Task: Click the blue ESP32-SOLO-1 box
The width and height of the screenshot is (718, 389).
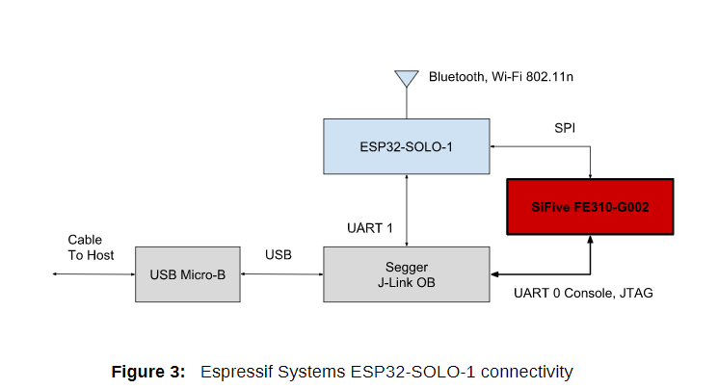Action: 406,146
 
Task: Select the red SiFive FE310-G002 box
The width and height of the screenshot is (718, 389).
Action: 590,207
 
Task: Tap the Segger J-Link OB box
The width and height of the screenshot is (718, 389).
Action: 406,274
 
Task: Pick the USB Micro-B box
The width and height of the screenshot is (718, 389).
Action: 188,274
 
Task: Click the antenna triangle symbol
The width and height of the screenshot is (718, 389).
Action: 407,78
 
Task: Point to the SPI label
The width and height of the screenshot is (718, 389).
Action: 565,128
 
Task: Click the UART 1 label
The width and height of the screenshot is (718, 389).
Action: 369,228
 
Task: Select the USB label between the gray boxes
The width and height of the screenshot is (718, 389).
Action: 278,254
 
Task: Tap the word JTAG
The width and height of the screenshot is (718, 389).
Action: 636,293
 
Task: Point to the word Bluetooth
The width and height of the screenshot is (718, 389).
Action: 457,76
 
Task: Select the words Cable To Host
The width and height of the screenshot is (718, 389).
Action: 91,247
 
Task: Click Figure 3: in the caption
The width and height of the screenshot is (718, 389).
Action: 148,372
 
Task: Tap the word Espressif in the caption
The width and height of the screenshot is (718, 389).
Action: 237,372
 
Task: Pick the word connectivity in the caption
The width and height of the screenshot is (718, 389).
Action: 526,372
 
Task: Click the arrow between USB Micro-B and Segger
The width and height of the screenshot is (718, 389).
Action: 281,274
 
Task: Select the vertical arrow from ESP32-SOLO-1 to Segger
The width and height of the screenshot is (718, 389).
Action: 407,211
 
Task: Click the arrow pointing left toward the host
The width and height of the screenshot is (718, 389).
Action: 93,274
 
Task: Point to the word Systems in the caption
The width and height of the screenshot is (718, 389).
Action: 311,372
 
